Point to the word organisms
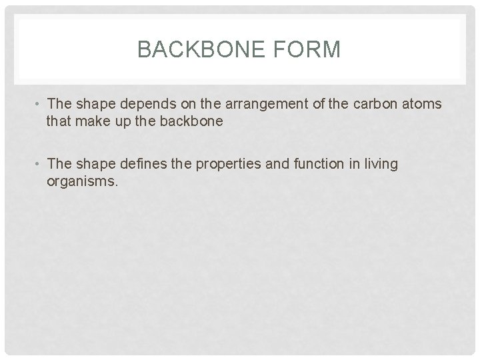click(83, 181)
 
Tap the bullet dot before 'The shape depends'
click(39, 105)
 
